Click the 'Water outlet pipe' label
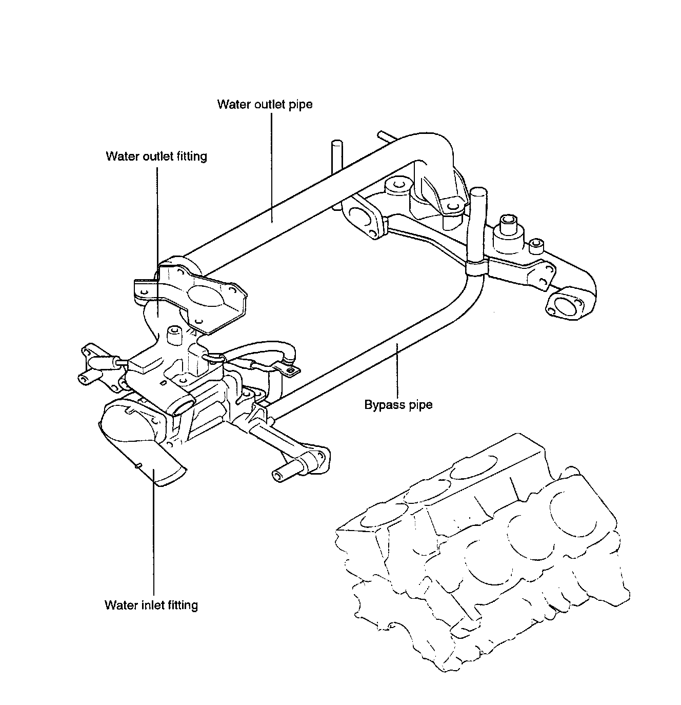pyautogui.click(x=265, y=105)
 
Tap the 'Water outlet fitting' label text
pyautogui.click(x=156, y=156)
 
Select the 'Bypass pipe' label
pyautogui.click(x=398, y=405)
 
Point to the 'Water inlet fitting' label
pyautogui.click(x=151, y=605)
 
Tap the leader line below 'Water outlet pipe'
pyautogui.click(x=272, y=167)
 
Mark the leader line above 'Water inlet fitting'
pyautogui.click(x=153, y=532)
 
